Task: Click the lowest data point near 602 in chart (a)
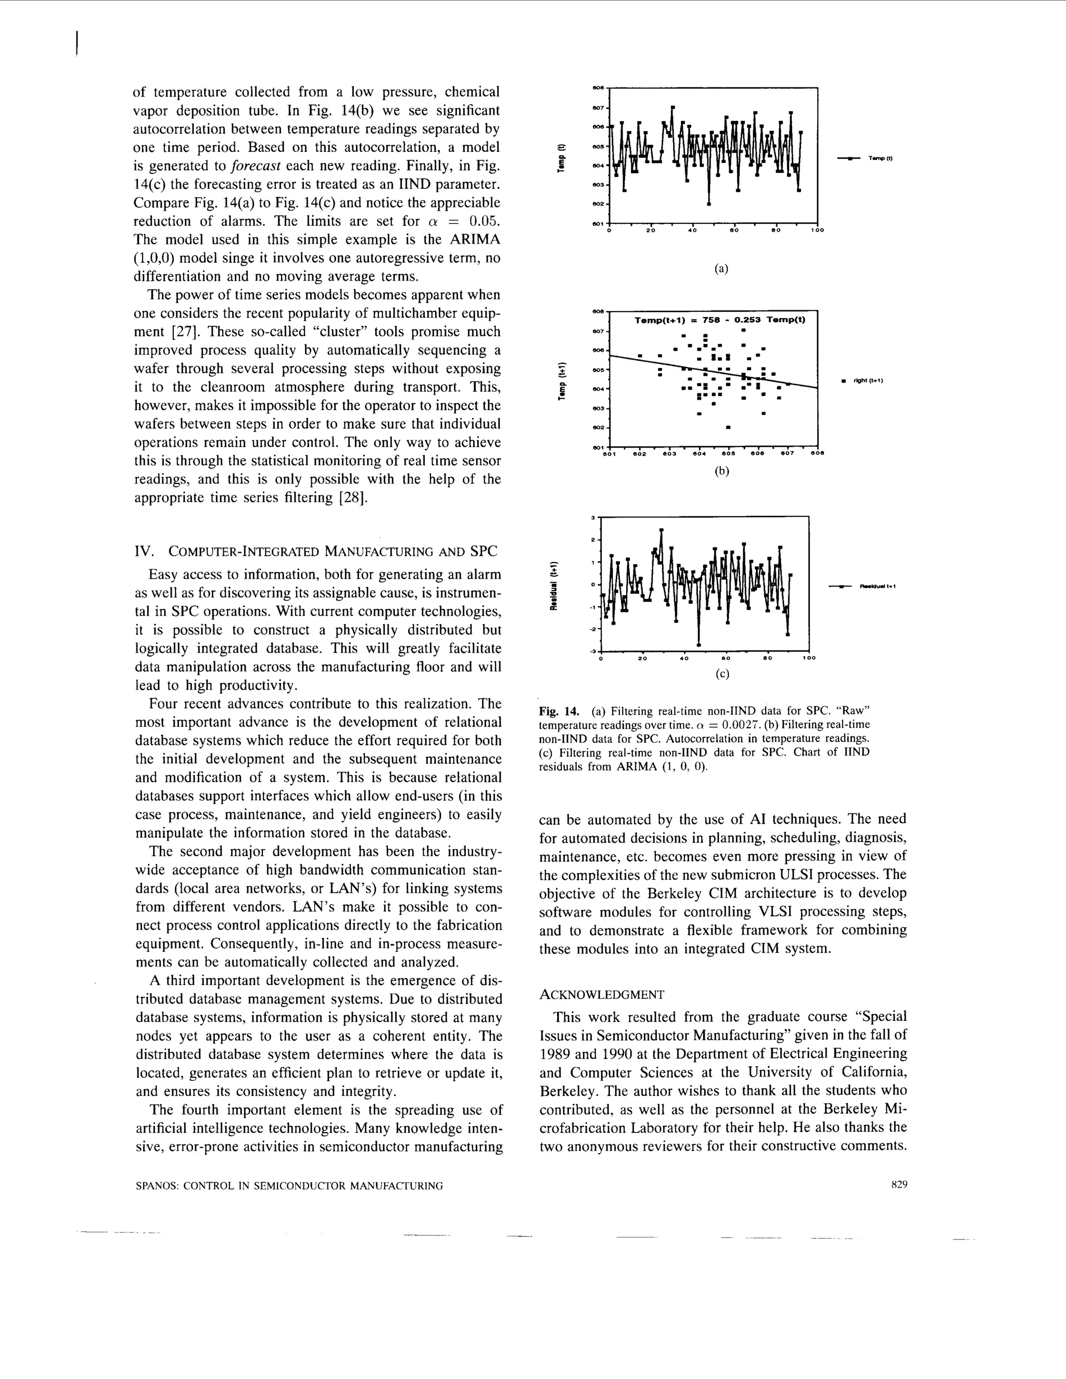(x=708, y=204)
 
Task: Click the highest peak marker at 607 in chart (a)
(x=672, y=107)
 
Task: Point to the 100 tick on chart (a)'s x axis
(x=817, y=231)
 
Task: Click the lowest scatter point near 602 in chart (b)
(x=728, y=427)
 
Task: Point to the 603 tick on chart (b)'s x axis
(x=669, y=453)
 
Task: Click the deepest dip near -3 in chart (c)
(x=699, y=645)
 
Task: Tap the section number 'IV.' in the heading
(x=145, y=551)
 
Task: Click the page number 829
(x=898, y=1185)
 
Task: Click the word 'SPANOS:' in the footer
(x=158, y=1186)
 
